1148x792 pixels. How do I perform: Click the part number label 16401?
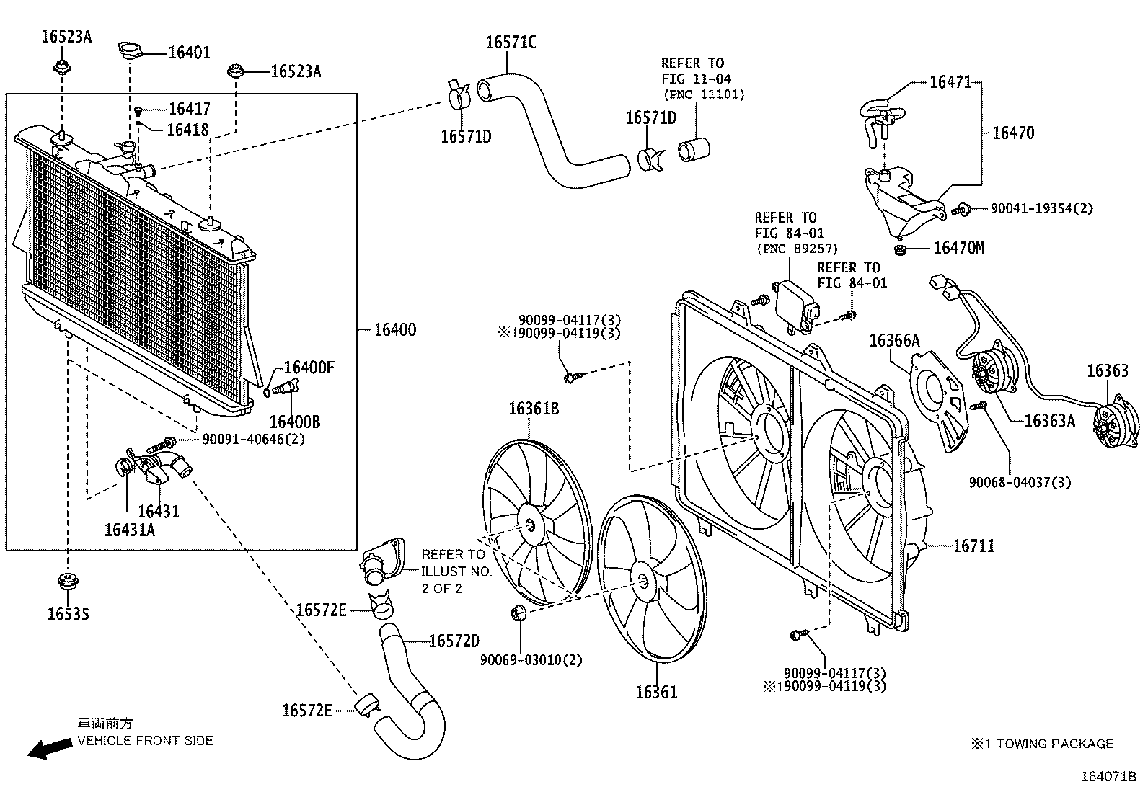189,53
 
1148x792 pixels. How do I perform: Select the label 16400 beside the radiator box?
395,329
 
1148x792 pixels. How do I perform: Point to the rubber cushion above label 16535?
67,582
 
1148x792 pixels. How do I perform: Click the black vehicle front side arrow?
50,748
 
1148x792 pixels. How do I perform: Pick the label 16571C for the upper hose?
511,42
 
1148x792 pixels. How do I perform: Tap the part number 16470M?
958,248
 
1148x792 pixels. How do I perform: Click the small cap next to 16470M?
899,251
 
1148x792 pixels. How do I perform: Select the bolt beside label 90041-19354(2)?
961,209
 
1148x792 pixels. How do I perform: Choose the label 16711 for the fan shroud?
973,546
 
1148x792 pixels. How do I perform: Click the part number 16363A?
1050,421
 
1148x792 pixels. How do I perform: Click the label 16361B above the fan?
534,409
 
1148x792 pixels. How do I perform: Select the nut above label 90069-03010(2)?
518,612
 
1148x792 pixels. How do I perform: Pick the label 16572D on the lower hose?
454,641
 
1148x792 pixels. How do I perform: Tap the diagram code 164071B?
1109,777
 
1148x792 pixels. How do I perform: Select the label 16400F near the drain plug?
309,368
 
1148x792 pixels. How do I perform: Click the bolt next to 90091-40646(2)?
162,444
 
